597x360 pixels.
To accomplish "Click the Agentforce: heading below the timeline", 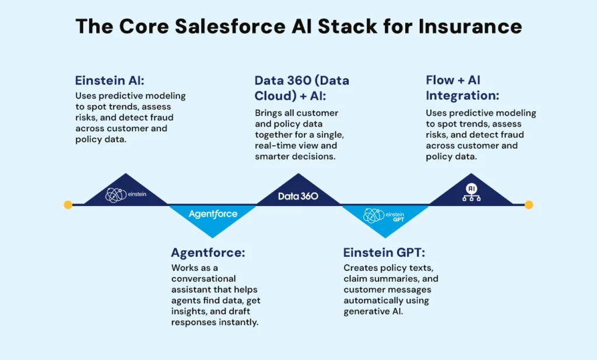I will coord(208,253).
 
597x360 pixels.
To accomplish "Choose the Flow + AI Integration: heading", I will coord(463,88).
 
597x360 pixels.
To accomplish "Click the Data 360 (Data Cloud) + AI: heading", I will coord(302,88).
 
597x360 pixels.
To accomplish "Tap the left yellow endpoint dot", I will coord(68,205).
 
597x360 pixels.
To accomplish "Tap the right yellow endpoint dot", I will coord(529,205).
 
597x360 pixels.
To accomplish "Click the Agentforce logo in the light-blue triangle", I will coord(213,214).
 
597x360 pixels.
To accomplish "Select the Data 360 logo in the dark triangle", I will coord(298,196).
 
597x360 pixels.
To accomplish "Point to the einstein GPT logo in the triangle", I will coord(383,216).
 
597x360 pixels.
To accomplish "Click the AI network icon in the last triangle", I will coord(471,193).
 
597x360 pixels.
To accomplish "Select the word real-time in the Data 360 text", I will coord(277,145).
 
